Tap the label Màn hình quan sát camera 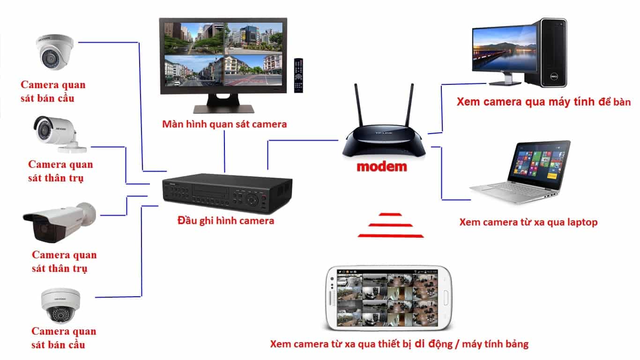tap(224, 125)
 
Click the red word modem tap(381, 166)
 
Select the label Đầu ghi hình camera tap(226, 220)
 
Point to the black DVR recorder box tap(227, 192)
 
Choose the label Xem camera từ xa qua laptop tap(528, 222)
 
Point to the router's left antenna tap(358, 108)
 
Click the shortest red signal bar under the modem tap(390, 215)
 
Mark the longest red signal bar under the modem tap(390, 235)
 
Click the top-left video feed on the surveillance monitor tap(193, 37)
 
